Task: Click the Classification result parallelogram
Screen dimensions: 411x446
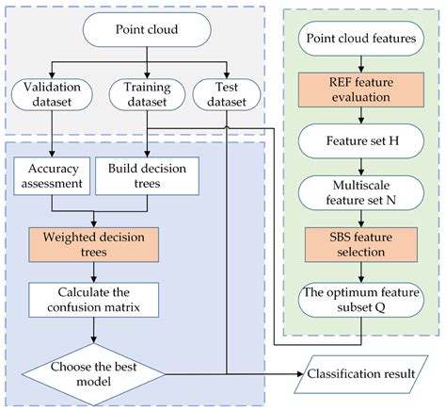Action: click(x=358, y=375)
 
